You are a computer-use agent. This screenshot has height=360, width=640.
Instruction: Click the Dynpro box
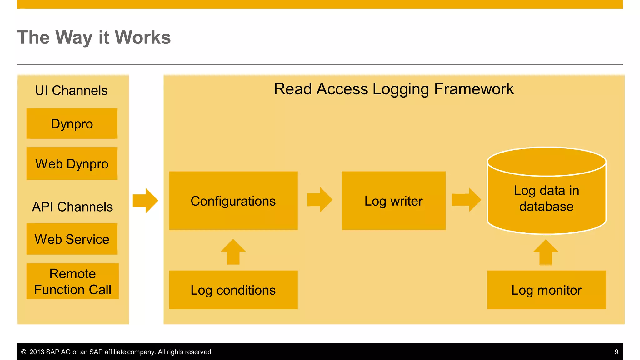coord(72,124)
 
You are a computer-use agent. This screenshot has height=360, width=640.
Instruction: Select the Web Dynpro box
coord(72,164)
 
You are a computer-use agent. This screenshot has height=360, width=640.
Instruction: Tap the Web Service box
coord(72,239)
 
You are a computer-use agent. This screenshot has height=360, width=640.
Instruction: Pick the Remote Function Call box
coord(72,281)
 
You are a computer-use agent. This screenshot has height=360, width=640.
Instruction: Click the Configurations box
coord(233,201)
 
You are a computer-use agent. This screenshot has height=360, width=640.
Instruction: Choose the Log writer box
coord(393,201)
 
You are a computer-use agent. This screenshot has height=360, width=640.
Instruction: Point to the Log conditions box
coord(233,290)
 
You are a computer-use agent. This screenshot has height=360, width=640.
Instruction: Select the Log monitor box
coord(546,290)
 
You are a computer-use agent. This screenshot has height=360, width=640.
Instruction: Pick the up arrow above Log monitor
coord(546,252)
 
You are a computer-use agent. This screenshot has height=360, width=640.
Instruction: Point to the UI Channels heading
coord(71,91)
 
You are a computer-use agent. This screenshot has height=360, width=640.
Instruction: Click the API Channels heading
coord(72,207)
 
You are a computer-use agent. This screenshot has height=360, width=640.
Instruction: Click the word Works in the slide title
coord(142,37)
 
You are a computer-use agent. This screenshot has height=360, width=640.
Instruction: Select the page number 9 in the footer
coord(616,352)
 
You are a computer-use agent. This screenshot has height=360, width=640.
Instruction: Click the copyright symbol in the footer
coord(24,352)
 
